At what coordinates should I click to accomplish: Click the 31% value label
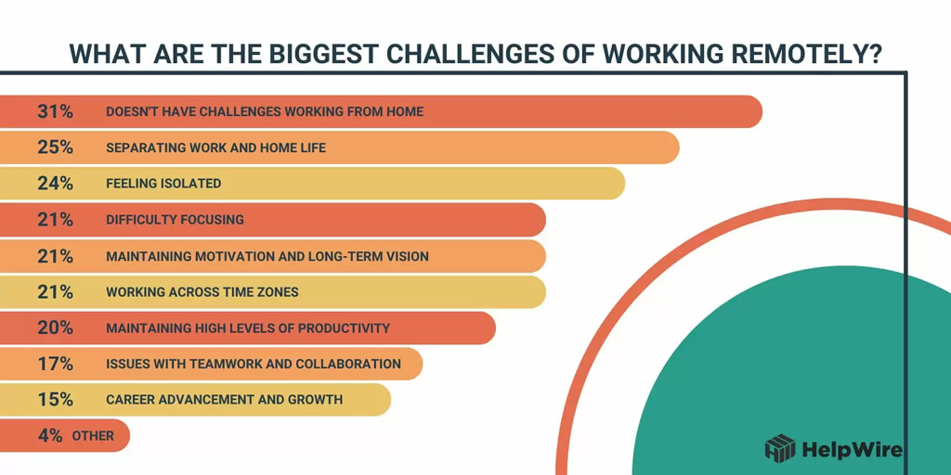[55, 111]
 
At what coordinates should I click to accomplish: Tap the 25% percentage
[55, 148]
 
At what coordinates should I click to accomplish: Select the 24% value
[55, 184]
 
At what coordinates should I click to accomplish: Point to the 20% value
[55, 327]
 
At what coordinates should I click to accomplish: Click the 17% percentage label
[55, 364]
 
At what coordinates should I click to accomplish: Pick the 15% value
[55, 400]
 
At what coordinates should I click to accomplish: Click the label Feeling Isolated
[163, 184]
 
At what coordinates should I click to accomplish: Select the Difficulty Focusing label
[175, 220]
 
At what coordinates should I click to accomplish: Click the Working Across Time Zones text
[202, 292]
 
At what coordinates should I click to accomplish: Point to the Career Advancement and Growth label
[224, 400]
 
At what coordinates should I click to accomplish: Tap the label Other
[93, 436]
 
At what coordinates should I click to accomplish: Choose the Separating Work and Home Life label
[215, 148]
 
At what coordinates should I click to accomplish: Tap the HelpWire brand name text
[851, 450]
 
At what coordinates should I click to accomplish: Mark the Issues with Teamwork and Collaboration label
[254, 364]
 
